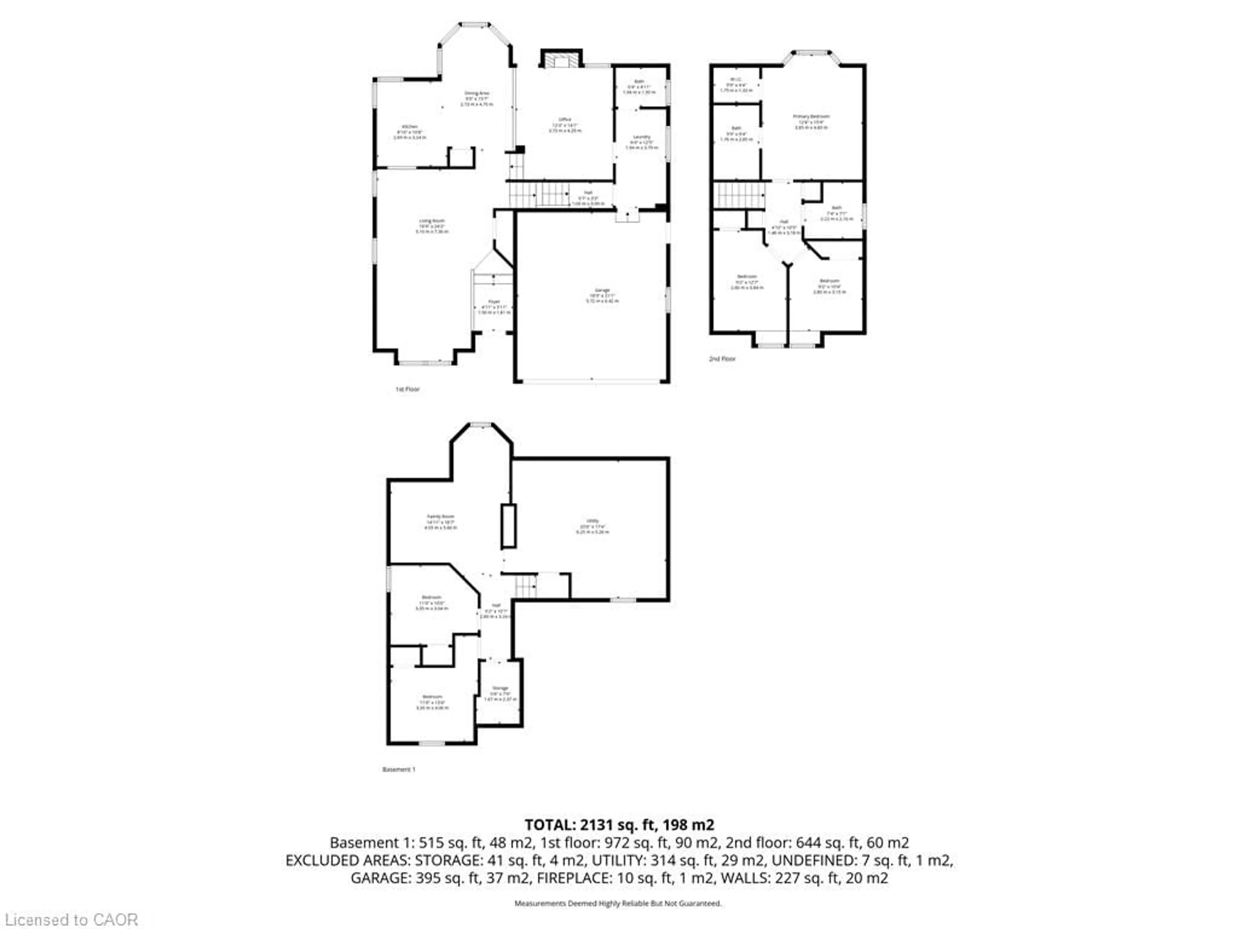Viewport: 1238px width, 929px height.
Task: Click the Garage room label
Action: click(x=602, y=290)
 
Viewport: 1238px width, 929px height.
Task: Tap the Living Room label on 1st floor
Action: click(x=431, y=221)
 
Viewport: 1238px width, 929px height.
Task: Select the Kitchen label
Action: click(x=410, y=126)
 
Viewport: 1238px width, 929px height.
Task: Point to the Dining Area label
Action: click(x=477, y=93)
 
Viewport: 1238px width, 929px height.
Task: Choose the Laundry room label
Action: click(x=641, y=137)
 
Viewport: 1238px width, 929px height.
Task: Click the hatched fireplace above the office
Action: click(x=561, y=60)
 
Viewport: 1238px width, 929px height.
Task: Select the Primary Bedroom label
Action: click(x=811, y=116)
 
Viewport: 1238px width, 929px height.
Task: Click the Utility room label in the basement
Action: click(x=592, y=521)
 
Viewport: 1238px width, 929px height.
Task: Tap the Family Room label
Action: click(x=440, y=516)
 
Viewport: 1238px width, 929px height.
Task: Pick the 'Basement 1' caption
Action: click(x=398, y=769)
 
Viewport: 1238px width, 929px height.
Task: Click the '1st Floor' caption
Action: click(x=408, y=389)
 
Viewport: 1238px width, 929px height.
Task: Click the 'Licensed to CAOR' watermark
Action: click(x=71, y=919)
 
